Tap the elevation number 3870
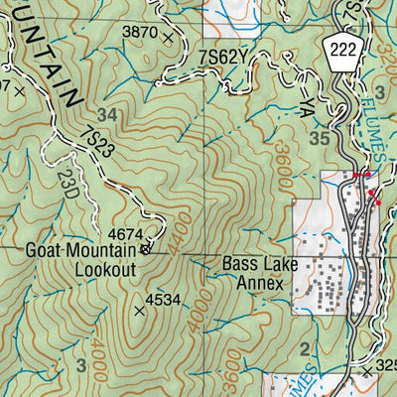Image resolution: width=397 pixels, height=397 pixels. [139, 33]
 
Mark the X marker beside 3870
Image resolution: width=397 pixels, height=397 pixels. [169, 37]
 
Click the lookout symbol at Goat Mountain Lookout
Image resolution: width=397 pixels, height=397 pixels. [146, 250]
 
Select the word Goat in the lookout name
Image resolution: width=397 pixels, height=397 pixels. [44, 251]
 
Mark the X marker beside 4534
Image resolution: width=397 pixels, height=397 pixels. [138, 311]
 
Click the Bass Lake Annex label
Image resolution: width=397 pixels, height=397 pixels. [253, 273]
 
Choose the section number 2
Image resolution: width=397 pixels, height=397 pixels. [303, 347]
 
